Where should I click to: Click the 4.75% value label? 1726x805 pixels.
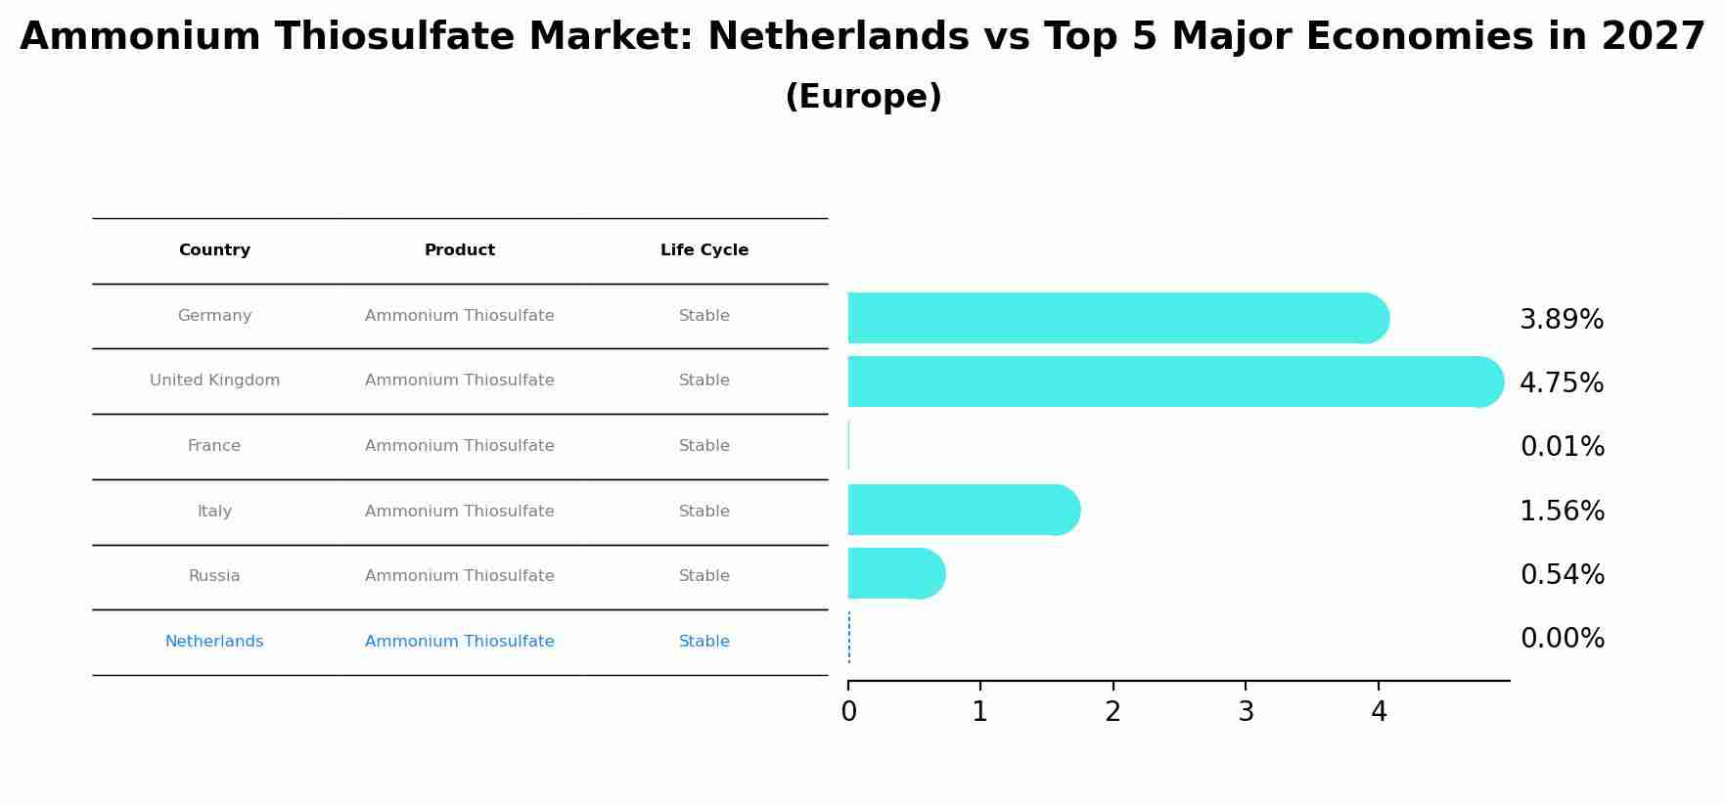(x=1562, y=383)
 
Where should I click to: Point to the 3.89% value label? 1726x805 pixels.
(x=1562, y=320)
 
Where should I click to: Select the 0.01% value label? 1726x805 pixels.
(x=1562, y=447)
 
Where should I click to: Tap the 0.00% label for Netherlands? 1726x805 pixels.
(x=1562, y=639)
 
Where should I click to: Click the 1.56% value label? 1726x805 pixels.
(x=1562, y=512)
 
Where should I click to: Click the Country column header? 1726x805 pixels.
(x=214, y=250)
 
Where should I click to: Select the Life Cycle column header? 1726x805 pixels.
(x=704, y=250)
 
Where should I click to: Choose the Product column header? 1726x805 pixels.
(x=460, y=250)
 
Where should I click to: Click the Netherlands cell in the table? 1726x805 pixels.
(x=214, y=642)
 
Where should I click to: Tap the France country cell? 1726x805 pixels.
(x=214, y=446)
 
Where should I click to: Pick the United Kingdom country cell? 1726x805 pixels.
(x=214, y=380)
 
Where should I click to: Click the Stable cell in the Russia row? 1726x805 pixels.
(x=704, y=576)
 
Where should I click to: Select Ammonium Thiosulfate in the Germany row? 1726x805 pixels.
(x=460, y=316)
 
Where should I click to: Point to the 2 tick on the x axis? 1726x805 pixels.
(x=1113, y=712)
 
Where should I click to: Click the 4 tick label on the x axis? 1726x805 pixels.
(x=1379, y=712)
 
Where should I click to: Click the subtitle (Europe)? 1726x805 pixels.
(x=863, y=97)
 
